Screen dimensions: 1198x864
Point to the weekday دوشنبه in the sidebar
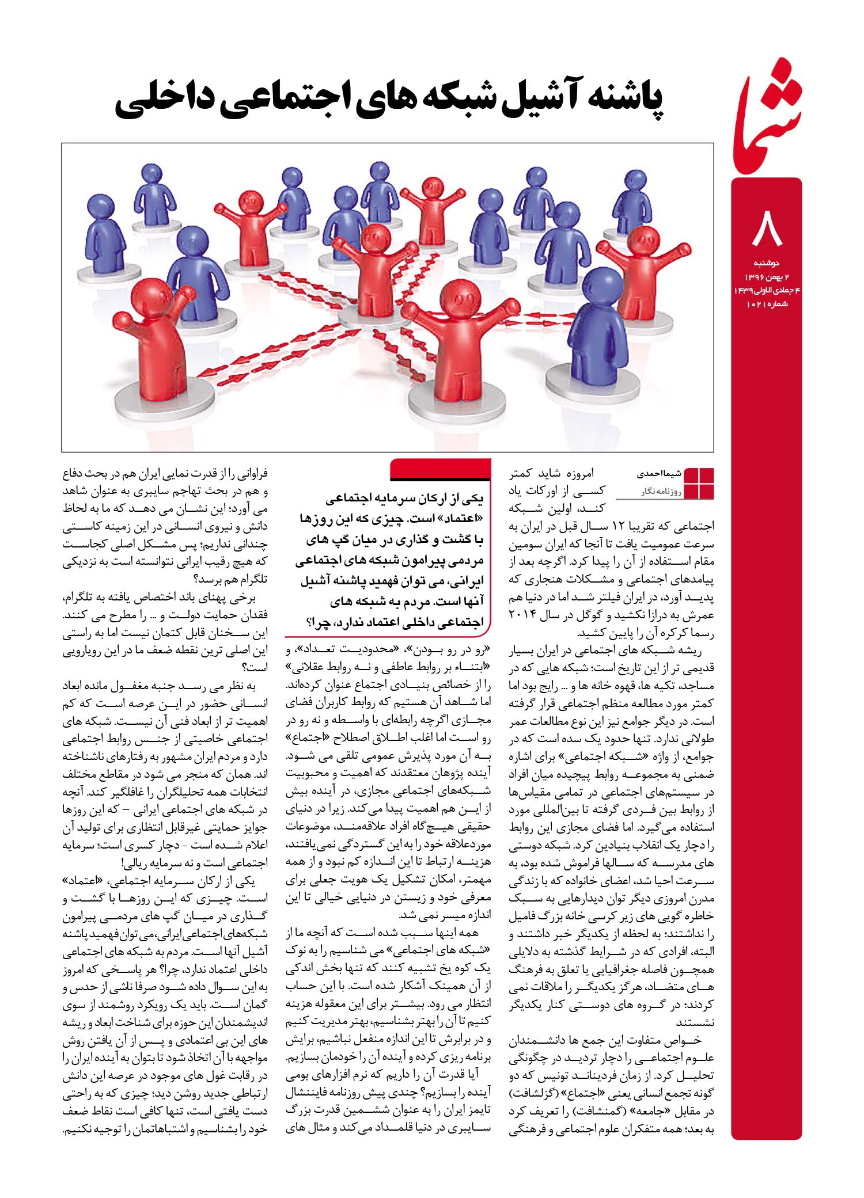click(766, 263)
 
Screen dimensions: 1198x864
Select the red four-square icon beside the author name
click(698, 484)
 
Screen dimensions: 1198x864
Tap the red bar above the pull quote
click(441, 469)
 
